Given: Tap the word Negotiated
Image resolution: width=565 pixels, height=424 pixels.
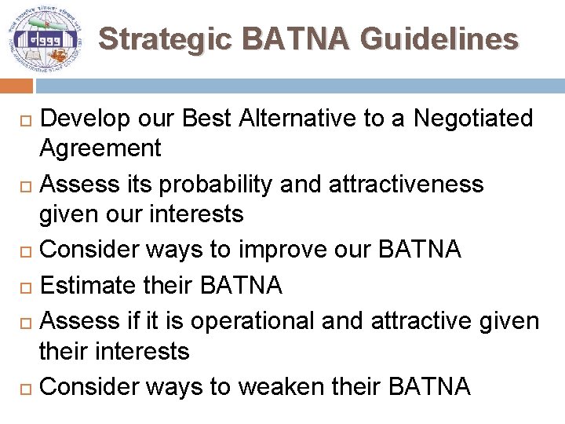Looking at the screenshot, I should pos(473,119).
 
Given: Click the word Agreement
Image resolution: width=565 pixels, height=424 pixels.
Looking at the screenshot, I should pos(100,148).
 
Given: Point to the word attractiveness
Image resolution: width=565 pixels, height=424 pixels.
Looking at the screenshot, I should pos(406,185).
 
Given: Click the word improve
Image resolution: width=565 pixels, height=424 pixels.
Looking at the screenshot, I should pos(288,249).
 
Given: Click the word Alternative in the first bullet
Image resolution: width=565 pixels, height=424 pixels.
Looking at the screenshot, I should pos(293,119).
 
